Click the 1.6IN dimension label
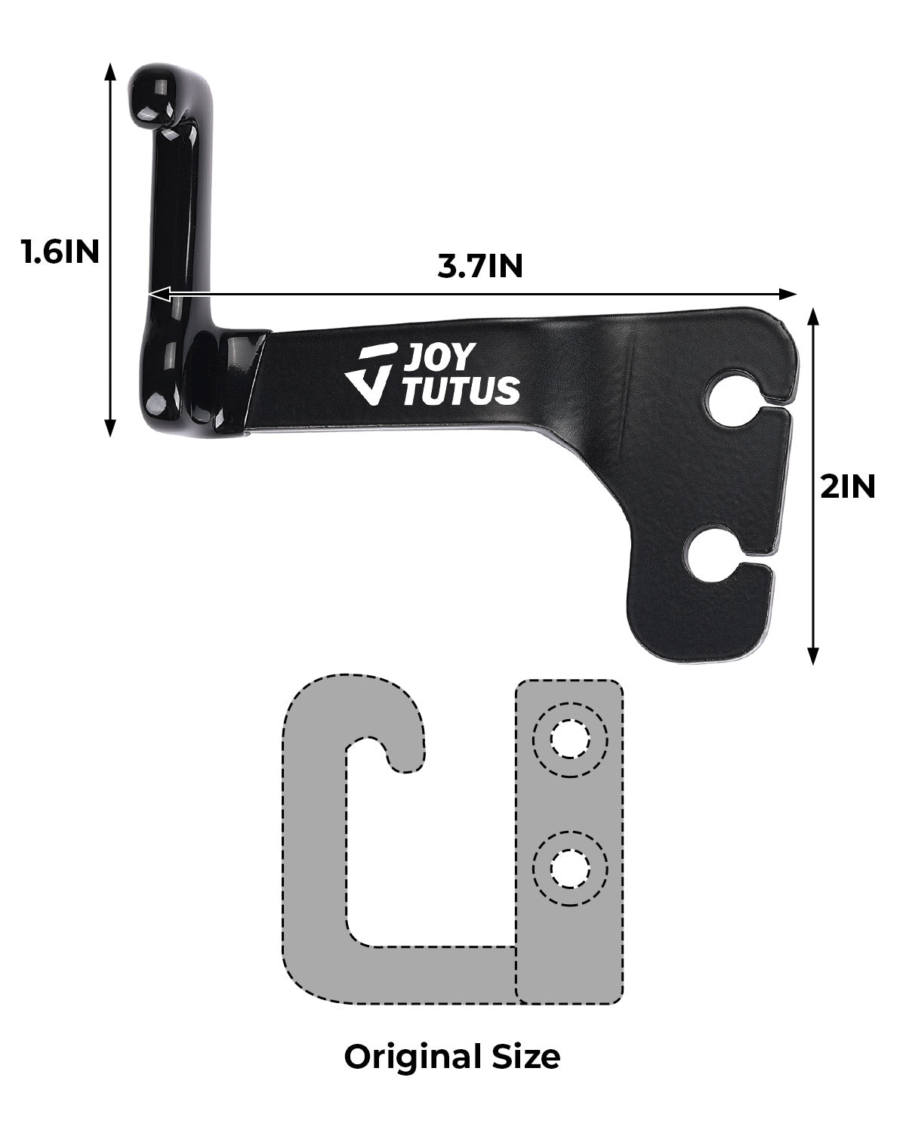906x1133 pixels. (60, 252)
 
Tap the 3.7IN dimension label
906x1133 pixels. (480, 267)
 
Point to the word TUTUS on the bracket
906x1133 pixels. (461, 391)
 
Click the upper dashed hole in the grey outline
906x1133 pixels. (569, 739)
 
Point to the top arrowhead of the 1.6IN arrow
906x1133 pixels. (110, 72)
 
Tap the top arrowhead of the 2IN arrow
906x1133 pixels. (813, 316)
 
